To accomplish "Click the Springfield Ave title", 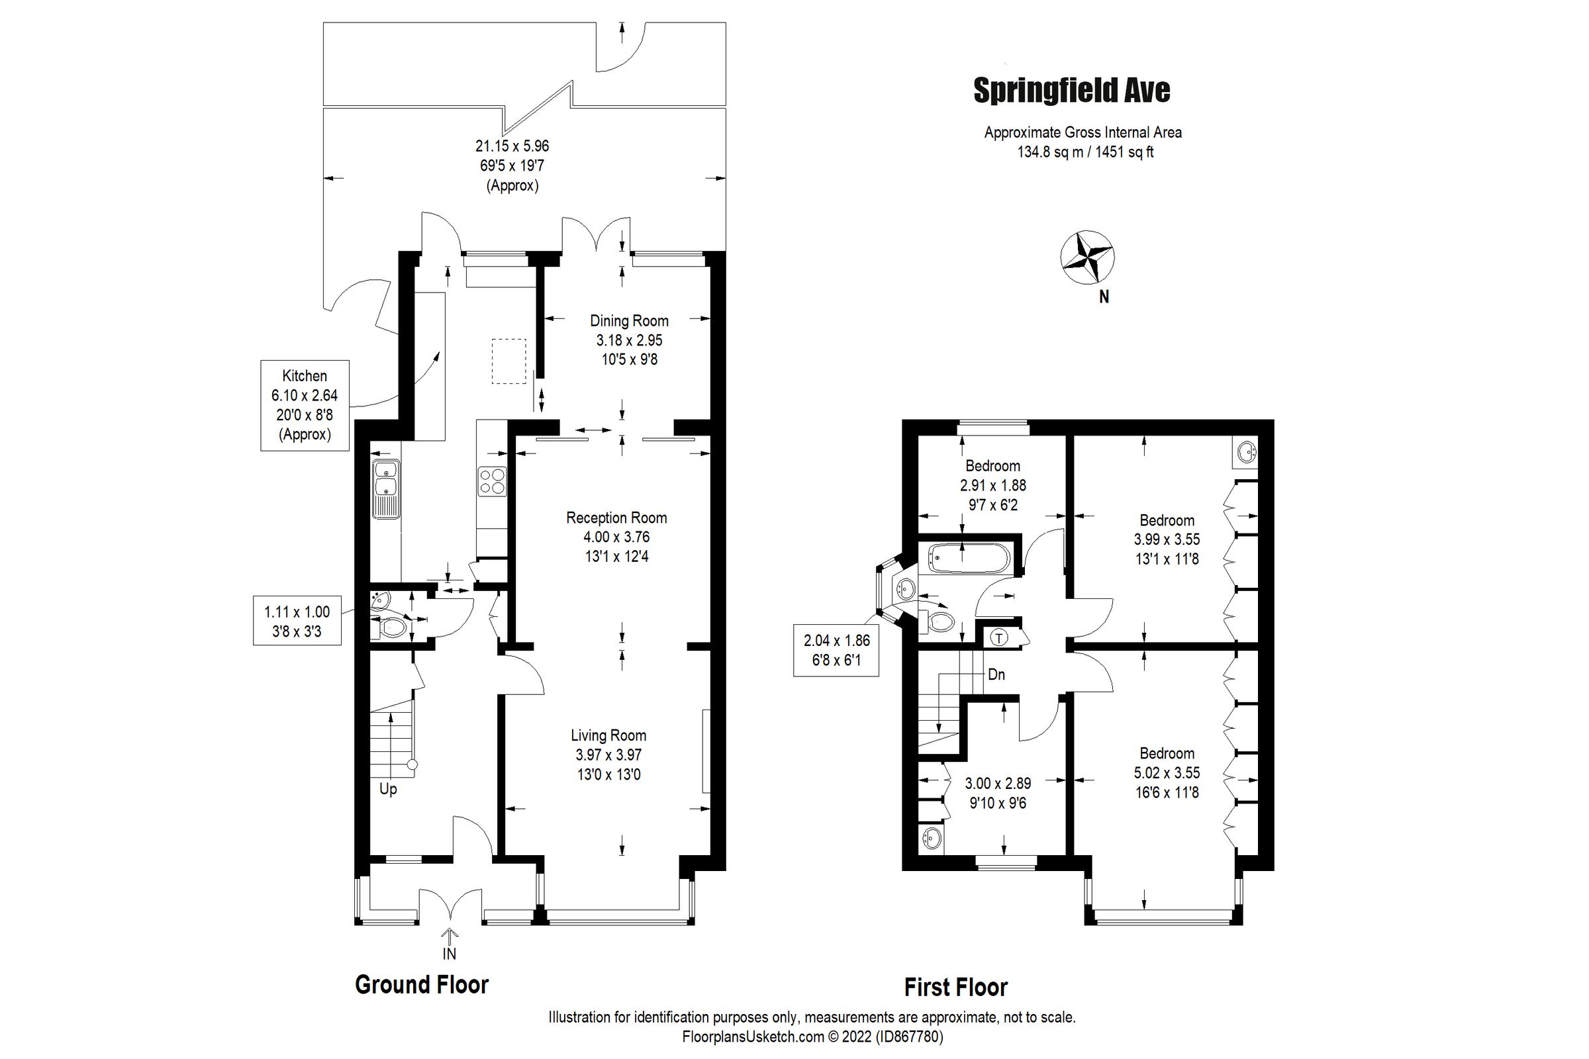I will click(x=1071, y=91).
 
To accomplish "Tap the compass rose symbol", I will click(x=1087, y=257).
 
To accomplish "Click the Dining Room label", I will click(x=629, y=321).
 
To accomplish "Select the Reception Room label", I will click(x=616, y=518).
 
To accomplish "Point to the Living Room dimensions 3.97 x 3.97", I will click(x=608, y=755).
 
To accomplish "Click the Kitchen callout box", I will click(x=305, y=405).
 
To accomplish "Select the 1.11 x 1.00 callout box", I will click(x=297, y=621).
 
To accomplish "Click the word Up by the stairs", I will click(x=388, y=789).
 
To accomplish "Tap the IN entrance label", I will click(x=450, y=954).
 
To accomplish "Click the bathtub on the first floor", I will click(x=969, y=559).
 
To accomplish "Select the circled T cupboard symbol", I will click(x=999, y=637).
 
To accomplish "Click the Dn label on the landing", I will click(x=996, y=674).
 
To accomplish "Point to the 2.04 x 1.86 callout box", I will click(x=836, y=651).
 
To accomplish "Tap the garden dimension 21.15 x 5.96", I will click(x=512, y=146).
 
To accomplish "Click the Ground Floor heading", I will click(x=422, y=986).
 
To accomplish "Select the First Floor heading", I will click(x=955, y=988).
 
